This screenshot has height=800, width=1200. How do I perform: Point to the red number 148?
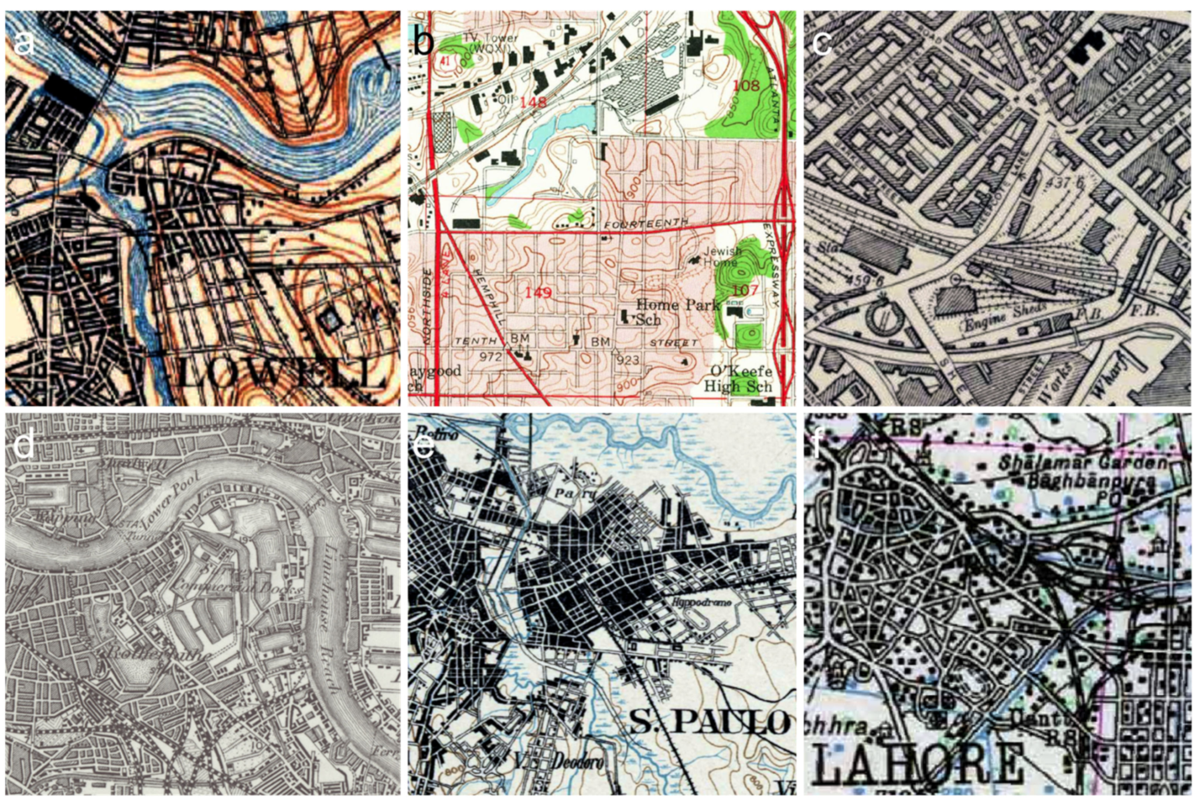[533, 102]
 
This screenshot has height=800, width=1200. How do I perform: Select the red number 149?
[537, 292]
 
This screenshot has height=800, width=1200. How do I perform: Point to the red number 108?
[746, 86]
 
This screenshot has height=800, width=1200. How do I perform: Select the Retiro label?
[431, 433]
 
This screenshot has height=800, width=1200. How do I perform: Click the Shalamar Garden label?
[1082, 463]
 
